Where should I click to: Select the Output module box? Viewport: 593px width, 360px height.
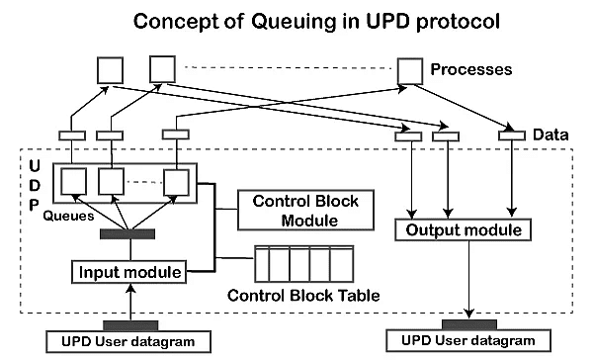[464, 229]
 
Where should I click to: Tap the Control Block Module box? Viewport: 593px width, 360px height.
[298, 211]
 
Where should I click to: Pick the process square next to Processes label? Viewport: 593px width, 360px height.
[409, 70]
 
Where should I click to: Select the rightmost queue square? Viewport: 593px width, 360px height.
[175, 182]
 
